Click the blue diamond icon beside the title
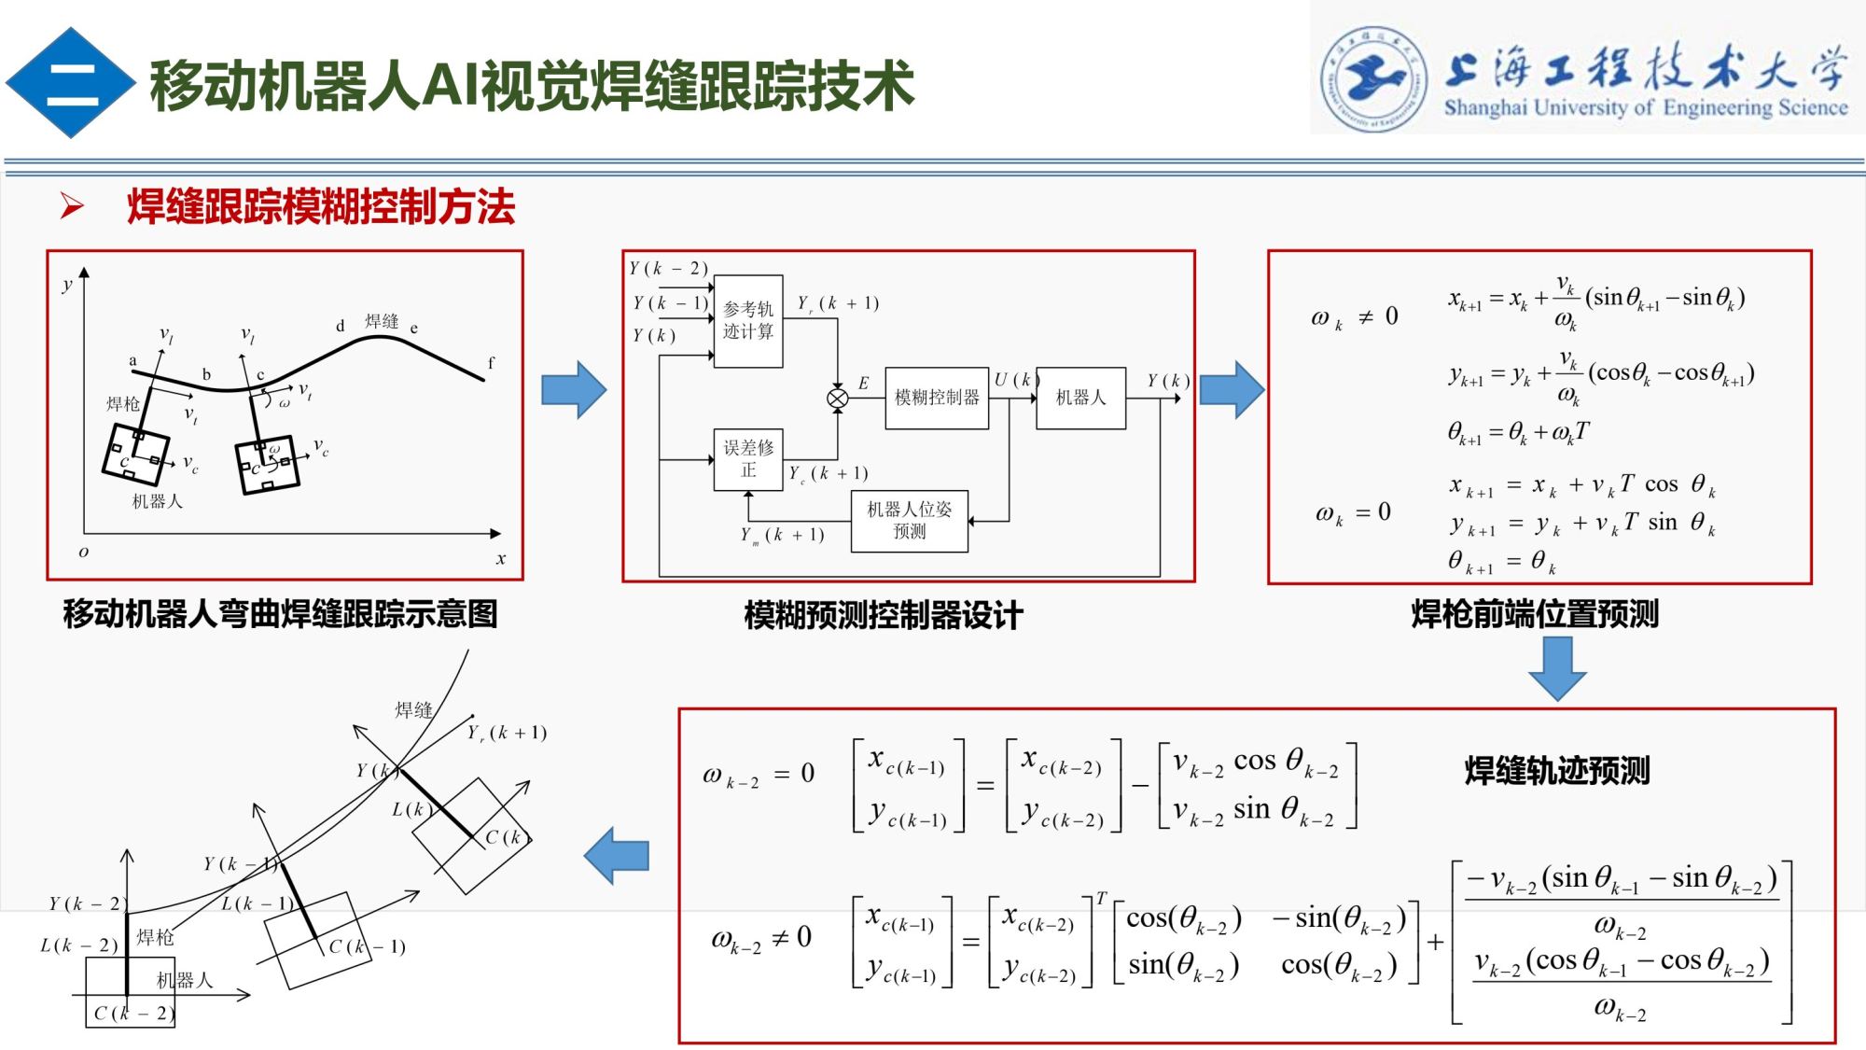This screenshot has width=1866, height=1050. click(70, 83)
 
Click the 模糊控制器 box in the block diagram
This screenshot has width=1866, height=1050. click(937, 398)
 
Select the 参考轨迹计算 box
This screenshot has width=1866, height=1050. click(748, 320)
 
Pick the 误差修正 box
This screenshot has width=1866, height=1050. click(748, 458)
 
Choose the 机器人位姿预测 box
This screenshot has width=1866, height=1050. click(910, 521)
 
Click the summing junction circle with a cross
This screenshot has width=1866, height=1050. click(837, 399)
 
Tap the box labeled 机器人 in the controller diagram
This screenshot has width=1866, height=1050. click(1080, 398)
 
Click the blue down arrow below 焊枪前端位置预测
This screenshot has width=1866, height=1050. click(1557, 667)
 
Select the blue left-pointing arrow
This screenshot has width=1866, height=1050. click(617, 855)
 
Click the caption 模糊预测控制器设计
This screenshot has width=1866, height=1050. click(883, 615)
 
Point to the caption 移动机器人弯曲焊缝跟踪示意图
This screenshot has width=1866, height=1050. click(280, 614)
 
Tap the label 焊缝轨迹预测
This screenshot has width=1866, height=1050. click(1556, 771)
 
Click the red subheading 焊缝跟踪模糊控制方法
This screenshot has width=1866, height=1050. click(321, 206)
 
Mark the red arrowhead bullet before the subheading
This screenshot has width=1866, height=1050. click(72, 205)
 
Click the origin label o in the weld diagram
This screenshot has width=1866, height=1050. click(84, 552)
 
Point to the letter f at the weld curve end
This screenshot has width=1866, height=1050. click(491, 362)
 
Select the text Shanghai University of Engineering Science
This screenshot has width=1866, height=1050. click(1646, 107)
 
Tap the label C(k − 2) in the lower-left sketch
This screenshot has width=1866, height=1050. click(133, 1013)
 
